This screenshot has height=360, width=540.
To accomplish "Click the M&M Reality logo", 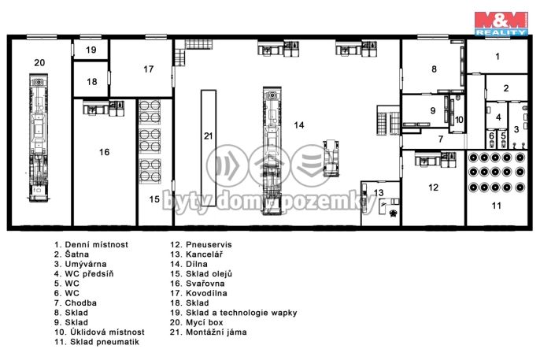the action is click(501, 24).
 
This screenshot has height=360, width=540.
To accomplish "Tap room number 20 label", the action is click(39, 63).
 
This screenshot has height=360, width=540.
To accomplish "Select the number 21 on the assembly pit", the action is click(209, 136).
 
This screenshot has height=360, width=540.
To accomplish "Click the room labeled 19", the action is click(91, 50).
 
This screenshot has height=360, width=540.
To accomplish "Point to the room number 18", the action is click(92, 82).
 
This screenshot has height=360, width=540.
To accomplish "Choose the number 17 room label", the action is click(149, 69).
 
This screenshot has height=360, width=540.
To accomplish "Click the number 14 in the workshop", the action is click(299, 125).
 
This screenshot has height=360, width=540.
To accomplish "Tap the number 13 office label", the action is click(379, 192).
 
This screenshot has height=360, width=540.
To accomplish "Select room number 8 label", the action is click(434, 69).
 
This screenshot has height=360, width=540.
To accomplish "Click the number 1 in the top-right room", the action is click(497, 56).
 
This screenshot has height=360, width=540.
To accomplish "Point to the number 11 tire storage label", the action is click(496, 206).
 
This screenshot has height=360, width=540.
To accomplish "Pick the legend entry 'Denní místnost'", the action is click(96, 244).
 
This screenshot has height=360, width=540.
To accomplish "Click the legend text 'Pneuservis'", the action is click(209, 244).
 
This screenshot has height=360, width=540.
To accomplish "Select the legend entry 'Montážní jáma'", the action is click(216, 332).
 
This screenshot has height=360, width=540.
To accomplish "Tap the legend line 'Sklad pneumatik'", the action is click(105, 342).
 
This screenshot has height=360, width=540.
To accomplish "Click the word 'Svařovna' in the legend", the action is click(205, 284).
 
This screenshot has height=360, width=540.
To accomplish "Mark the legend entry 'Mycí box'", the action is click(204, 323).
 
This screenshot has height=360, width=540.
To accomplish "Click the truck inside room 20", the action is click(39, 137).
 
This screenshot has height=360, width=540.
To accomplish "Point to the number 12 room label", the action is click(433, 187).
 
